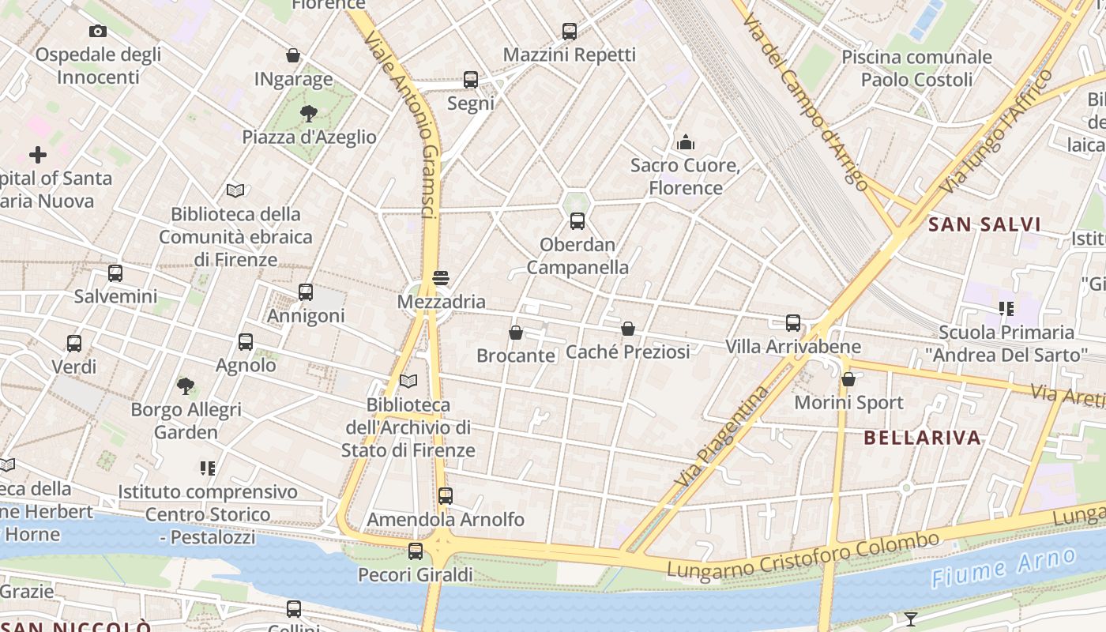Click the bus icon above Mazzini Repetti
coord(570,32)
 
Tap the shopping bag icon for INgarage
coord(293,56)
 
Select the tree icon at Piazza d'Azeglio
coord(309,114)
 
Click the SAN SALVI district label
coord(984,224)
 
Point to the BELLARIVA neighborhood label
coord(922,438)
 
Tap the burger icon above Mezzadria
coord(441,278)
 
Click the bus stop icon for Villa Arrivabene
coord(793,323)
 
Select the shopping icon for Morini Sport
coord(848,379)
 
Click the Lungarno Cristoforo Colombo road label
coord(803,555)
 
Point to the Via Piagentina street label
coord(722,436)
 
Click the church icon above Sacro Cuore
coord(685,143)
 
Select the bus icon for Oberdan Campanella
coord(577,221)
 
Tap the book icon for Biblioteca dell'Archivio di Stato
coord(408,382)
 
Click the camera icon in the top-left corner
coord(98,32)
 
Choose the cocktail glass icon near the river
coord(911,619)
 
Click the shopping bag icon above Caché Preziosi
coord(628,329)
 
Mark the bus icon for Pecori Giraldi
coord(416,551)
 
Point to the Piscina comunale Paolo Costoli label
coord(916,68)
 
